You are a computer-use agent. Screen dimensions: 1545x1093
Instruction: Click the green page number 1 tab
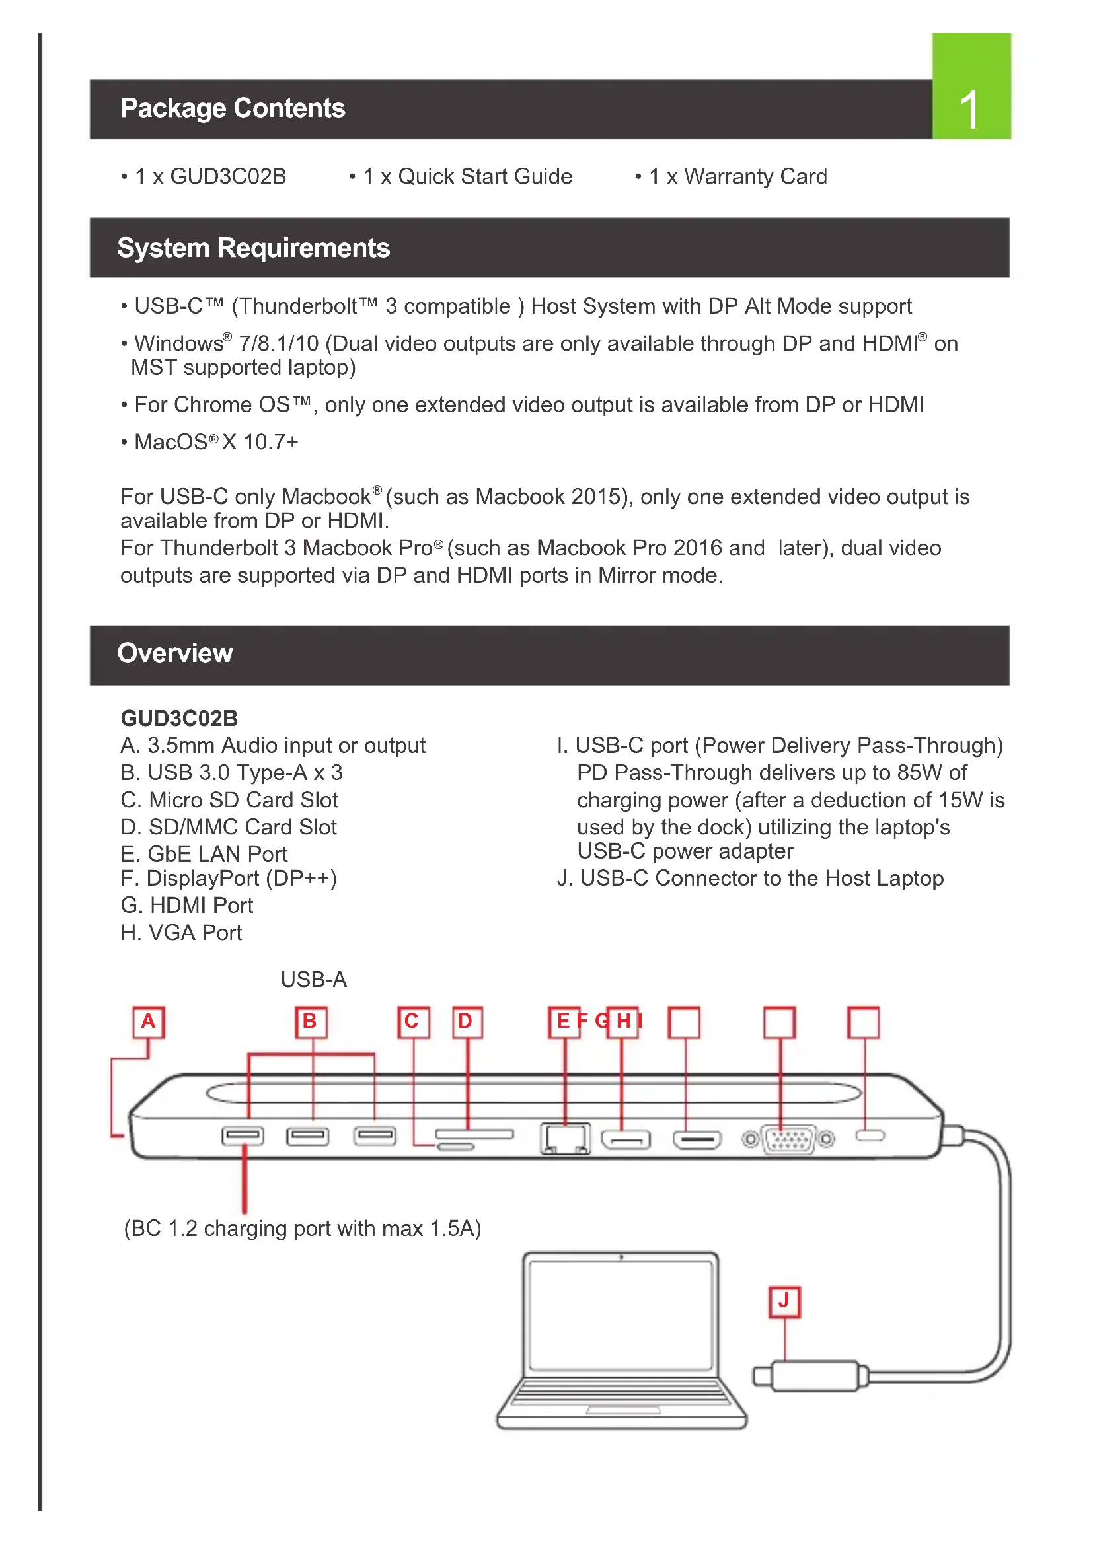click(x=971, y=86)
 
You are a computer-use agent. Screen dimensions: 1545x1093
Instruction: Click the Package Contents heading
click(x=233, y=108)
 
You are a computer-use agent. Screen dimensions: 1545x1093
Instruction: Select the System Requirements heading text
click(x=253, y=248)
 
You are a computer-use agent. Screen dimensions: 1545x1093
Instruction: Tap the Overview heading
click(x=175, y=653)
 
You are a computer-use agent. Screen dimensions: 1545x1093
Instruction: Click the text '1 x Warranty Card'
click(x=737, y=177)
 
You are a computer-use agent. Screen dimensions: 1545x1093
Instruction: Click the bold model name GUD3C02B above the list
click(x=179, y=719)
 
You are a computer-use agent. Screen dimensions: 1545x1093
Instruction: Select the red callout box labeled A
click(x=149, y=1022)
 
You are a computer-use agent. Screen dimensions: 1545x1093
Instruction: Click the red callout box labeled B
click(x=311, y=1022)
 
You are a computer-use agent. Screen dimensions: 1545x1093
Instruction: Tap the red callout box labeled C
click(x=412, y=1022)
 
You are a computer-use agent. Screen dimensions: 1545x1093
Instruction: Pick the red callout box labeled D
click(x=467, y=1022)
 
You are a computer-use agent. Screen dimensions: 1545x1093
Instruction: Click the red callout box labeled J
click(x=784, y=1302)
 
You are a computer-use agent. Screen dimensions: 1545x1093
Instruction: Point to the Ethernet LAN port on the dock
click(x=564, y=1139)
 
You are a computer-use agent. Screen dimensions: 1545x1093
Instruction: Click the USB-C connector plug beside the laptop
click(x=814, y=1377)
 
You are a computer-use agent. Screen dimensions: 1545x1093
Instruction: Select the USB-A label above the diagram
click(x=314, y=980)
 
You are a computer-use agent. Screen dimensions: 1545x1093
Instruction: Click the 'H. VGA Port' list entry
click(x=181, y=933)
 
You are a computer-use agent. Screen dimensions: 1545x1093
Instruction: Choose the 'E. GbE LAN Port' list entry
click(x=204, y=855)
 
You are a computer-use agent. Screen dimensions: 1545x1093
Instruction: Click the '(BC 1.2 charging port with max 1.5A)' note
click(x=302, y=1229)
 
